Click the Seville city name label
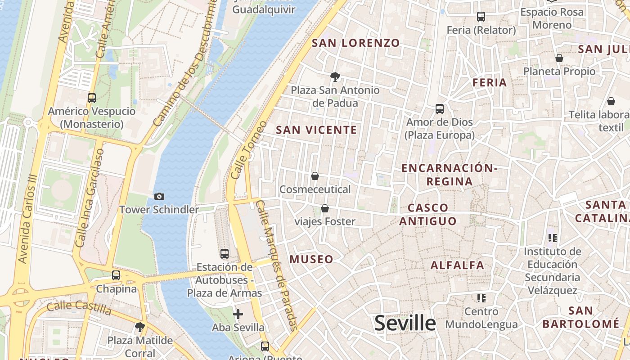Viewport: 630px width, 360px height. click(x=405, y=323)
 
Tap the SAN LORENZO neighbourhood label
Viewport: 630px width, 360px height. click(x=355, y=43)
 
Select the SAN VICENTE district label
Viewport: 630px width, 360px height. click(x=316, y=130)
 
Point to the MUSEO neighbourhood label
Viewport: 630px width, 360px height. click(x=311, y=259)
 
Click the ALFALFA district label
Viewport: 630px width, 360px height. click(x=457, y=265)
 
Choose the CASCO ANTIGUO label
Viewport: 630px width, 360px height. click(x=428, y=214)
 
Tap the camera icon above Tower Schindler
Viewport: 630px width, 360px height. click(x=159, y=196)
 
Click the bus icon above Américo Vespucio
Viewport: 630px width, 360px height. click(x=92, y=98)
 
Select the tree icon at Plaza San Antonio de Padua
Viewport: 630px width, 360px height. click(x=335, y=77)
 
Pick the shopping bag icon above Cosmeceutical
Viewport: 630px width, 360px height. click(x=315, y=176)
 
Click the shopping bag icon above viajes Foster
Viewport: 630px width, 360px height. click(x=325, y=208)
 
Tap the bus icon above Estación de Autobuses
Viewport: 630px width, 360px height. click(x=225, y=254)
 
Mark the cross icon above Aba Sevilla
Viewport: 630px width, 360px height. click(x=238, y=314)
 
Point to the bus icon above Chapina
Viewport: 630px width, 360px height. click(x=116, y=275)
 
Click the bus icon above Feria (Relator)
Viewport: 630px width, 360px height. click(x=481, y=17)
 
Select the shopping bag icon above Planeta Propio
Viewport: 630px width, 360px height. click(x=559, y=58)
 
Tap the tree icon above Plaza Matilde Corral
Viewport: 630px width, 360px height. click(x=140, y=327)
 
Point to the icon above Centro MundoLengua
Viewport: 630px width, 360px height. click(x=481, y=298)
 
